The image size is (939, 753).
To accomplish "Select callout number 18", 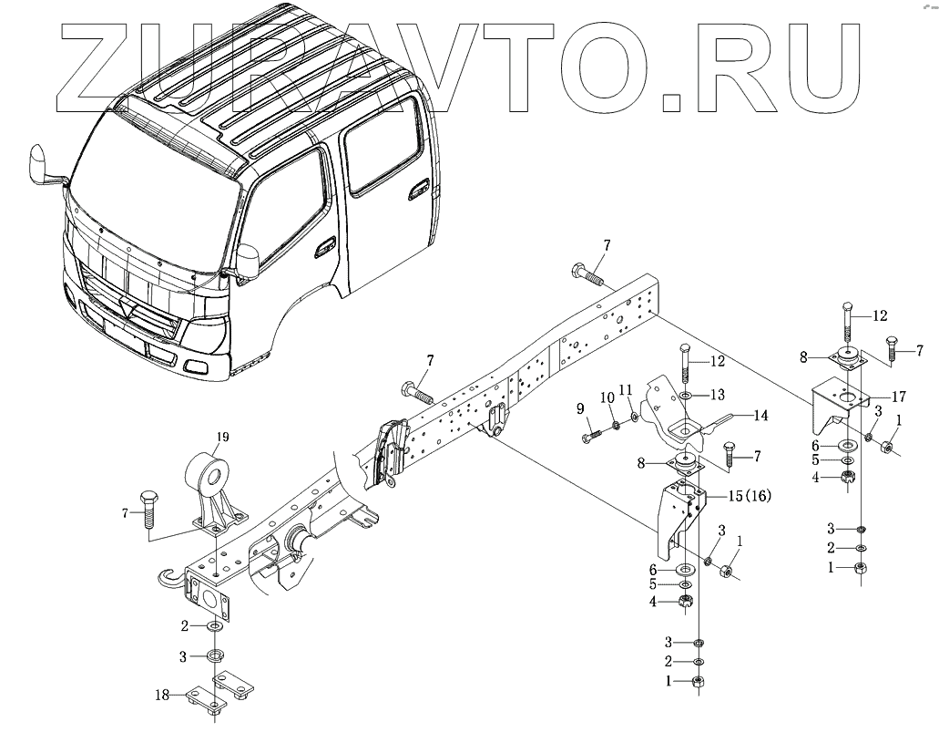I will (162, 695).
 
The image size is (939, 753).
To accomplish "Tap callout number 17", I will (898, 397).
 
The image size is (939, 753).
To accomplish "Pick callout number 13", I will (718, 394).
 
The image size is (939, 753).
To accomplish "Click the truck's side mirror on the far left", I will (41, 163).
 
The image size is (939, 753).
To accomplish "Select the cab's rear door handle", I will (420, 189).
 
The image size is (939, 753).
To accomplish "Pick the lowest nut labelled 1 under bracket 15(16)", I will (699, 682).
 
